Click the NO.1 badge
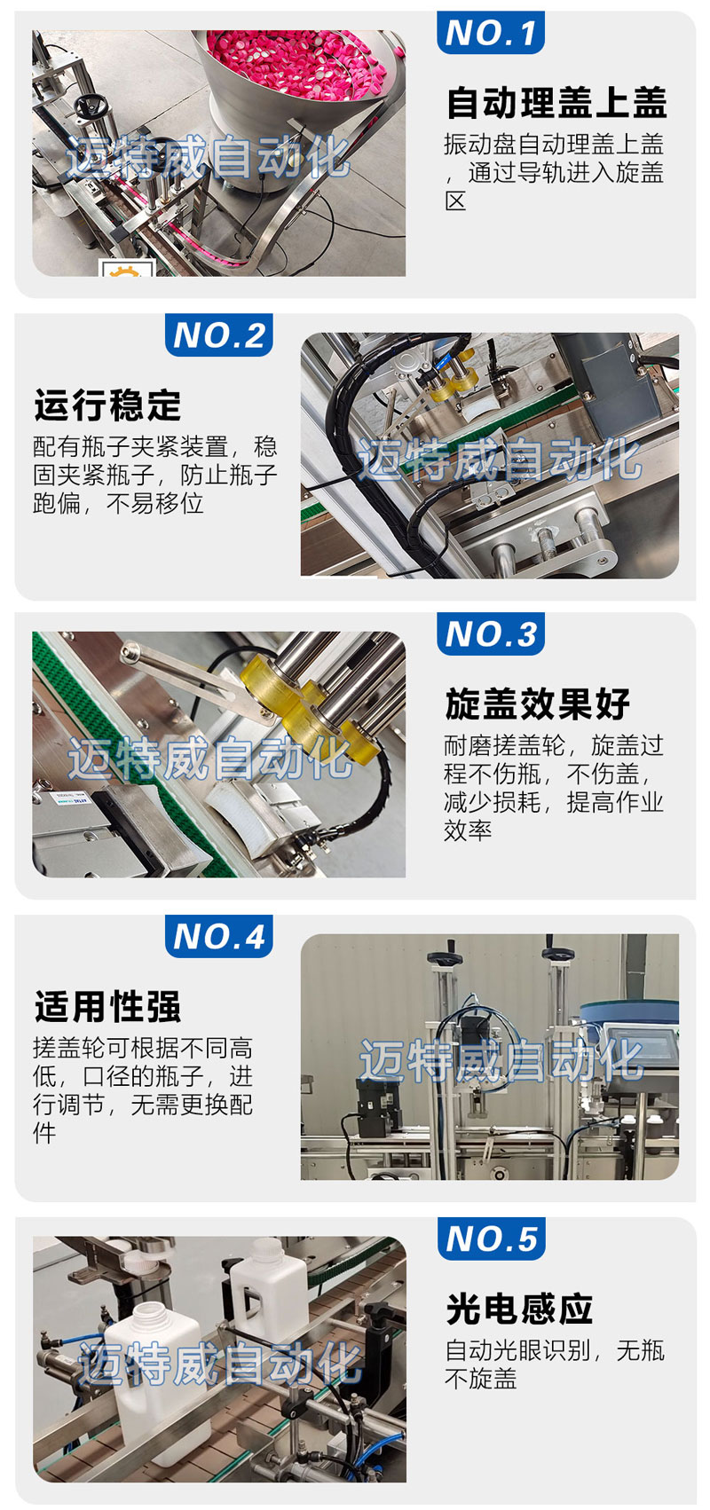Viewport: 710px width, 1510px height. [x=490, y=32]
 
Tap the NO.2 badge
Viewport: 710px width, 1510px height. [x=218, y=334]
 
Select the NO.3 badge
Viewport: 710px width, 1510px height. [x=490, y=633]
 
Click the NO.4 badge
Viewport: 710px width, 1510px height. [x=218, y=936]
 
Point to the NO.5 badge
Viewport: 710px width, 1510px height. [x=491, y=1239]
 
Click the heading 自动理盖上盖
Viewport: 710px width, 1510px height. [x=556, y=102]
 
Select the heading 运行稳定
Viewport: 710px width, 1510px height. [x=107, y=405]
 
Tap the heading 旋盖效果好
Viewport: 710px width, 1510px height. [x=538, y=704]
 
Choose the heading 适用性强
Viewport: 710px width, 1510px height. [x=107, y=1006]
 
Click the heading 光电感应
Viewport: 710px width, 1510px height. [x=519, y=1309]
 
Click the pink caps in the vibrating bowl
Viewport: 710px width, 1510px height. [x=296, y=63]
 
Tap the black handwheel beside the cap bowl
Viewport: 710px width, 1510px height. [x=89, y=106]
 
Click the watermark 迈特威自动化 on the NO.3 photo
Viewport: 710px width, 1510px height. [x=209, y=759]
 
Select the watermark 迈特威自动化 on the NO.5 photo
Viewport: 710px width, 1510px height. [x=220, y=1363]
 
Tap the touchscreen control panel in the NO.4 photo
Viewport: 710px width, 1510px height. [x=638, y=1052]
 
